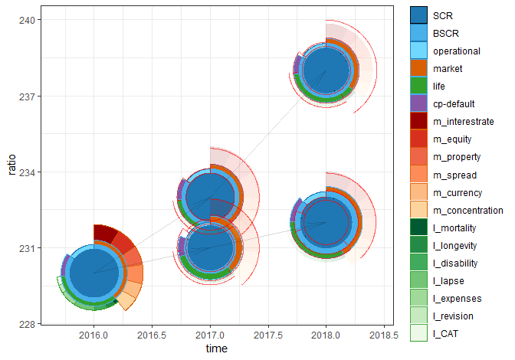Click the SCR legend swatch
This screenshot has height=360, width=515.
[419, 16]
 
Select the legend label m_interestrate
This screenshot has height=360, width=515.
[464, 122]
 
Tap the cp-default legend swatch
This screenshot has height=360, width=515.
[419, 104]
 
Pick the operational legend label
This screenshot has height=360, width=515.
[457, 51]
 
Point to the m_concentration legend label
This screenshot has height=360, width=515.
[468, 210]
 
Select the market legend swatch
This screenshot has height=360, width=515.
[419, 69]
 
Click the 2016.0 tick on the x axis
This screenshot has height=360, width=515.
[93, 335]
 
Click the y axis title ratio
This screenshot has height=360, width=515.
[11, 172]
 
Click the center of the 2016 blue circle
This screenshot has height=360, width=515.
[93, 272]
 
